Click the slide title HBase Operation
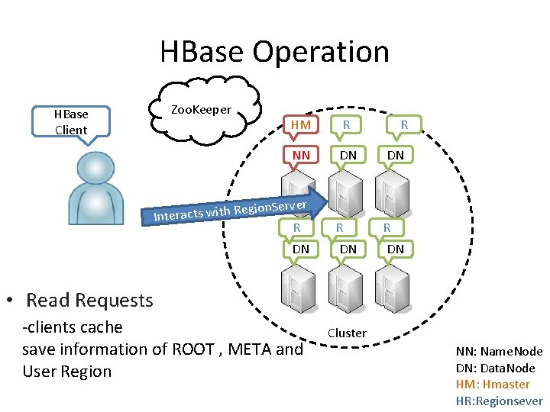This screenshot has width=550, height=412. [x=274, y=52]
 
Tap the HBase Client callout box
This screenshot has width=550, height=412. [x=71, y=122]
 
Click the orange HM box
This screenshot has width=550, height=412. [x=301, y=124]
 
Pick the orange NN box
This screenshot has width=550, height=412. [x=301, y=155]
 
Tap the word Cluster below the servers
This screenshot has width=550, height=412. [x=347, y=333]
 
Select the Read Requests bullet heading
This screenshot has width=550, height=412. [x=89, y=300]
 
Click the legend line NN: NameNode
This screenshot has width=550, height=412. [x=499, y=352]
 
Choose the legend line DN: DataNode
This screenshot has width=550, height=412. [x=496, y=368]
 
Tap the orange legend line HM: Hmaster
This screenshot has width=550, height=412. [x=493, y=385]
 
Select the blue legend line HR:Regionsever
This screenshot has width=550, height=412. [x=499, y=401]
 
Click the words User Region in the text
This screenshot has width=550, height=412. [x=67, y=372]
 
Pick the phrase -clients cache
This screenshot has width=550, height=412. [x=73, y=327]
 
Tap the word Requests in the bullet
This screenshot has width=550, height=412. [x=113, y=300]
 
